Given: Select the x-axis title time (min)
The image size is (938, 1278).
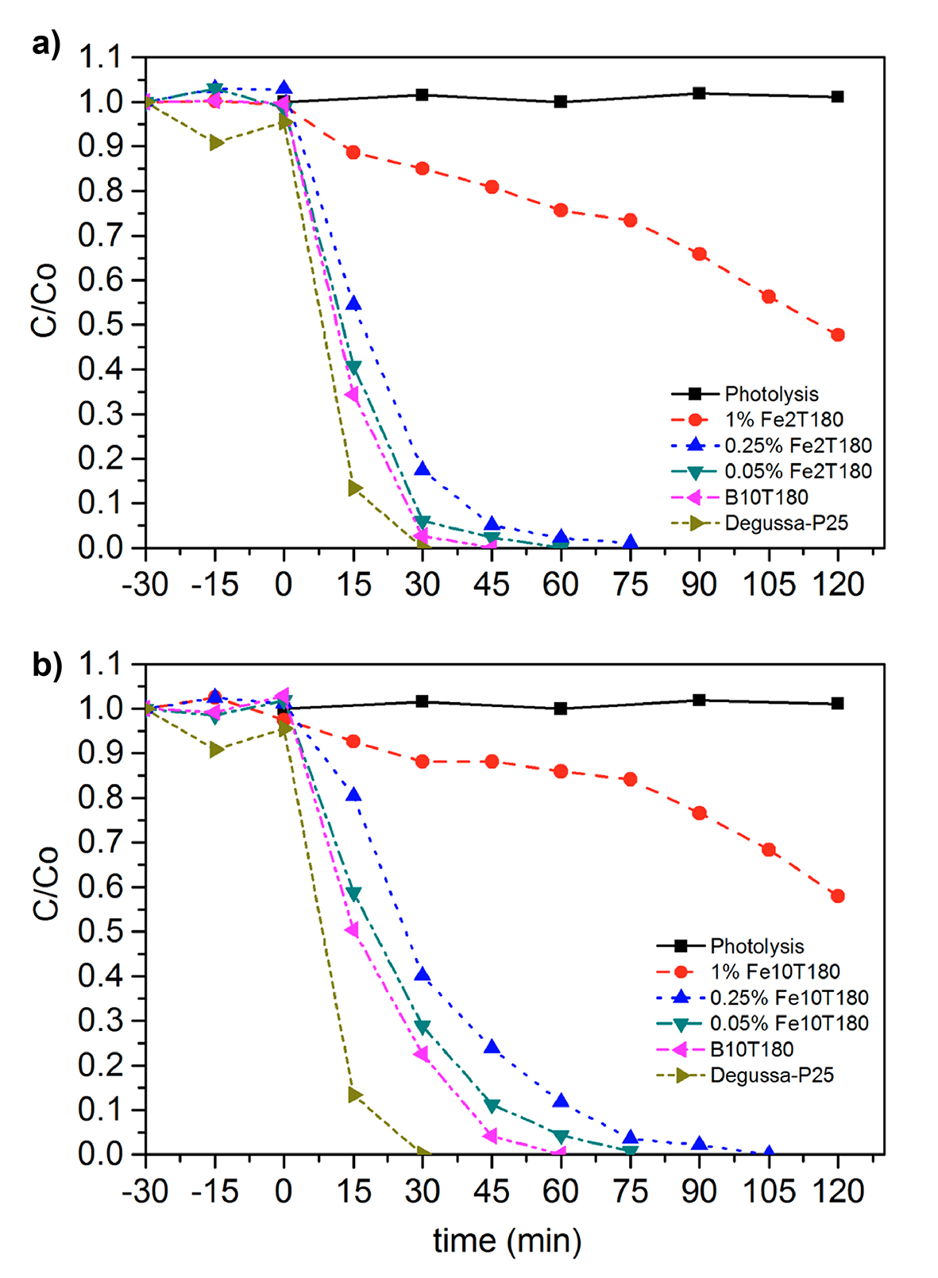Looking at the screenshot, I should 507,1240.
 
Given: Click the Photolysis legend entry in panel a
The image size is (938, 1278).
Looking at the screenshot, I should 770,394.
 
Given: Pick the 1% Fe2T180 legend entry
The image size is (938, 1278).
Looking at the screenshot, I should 783,419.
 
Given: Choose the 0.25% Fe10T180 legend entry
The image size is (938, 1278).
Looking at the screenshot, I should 789,998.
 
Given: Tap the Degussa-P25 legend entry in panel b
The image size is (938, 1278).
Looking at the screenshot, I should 771,1075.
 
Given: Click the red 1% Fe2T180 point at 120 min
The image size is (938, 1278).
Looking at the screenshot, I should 837,335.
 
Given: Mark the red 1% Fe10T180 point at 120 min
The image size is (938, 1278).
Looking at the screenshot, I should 837,896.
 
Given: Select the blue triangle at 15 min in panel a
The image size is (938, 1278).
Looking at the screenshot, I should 353,303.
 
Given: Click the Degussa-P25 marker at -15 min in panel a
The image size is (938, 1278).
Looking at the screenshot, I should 215,143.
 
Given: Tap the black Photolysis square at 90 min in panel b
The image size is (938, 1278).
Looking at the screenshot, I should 699,700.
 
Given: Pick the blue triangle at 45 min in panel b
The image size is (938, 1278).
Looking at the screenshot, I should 492,1047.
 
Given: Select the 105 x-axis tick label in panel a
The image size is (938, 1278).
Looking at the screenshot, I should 768,585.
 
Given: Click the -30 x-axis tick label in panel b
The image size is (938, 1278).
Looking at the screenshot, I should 145,1191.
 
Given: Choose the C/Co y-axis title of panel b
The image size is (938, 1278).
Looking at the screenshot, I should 46,883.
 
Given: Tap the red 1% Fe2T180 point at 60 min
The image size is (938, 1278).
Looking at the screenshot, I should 561,210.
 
